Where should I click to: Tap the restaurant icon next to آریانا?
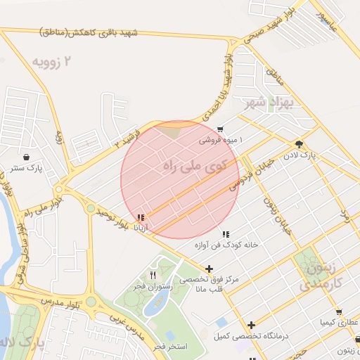point(141,218)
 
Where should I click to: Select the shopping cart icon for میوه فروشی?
point(221,129)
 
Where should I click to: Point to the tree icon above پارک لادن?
point(300,141)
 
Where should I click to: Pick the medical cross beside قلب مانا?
point(210,269)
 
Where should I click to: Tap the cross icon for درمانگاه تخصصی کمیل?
point(251,324)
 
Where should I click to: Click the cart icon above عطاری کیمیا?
point(339,311)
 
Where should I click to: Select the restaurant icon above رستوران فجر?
point(153,275)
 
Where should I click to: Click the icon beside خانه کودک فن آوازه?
point(225,234)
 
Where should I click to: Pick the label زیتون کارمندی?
point(323,277)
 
